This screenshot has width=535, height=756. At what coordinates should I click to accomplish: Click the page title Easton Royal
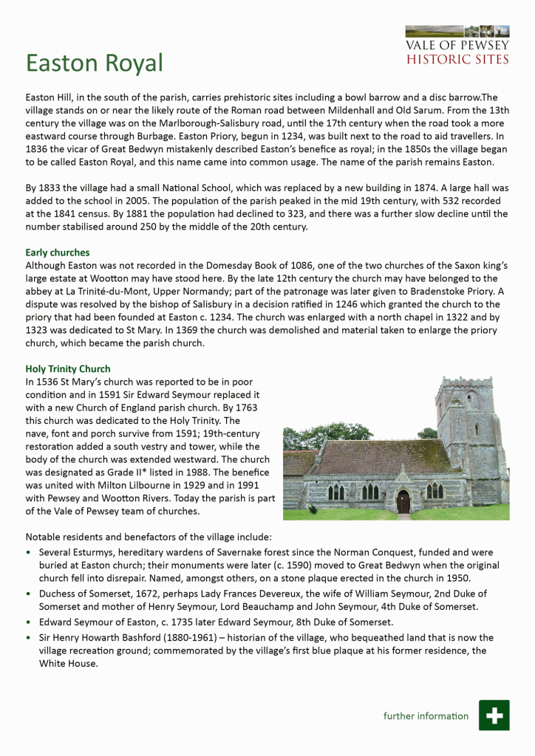[x=94, y=63]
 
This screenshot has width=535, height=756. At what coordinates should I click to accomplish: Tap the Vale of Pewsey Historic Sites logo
[x=457, y=46]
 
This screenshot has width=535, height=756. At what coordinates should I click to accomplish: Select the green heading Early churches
[x=58, y=252]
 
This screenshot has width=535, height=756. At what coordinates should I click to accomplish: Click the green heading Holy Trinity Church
[x=68, y=368]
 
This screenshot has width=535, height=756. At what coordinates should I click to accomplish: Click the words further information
[x=426, y=715]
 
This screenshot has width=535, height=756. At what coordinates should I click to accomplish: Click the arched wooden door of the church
[x=403, y=501]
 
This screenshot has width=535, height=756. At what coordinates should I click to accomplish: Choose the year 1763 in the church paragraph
[x=245, y=408]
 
